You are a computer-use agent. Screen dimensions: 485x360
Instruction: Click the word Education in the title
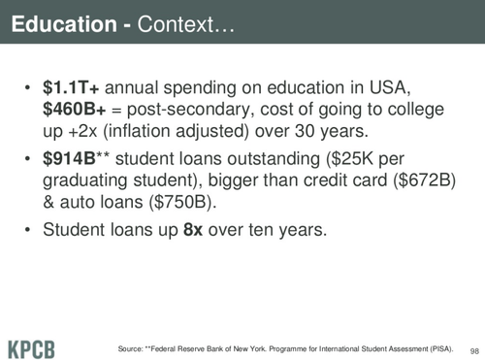tap(64, 24)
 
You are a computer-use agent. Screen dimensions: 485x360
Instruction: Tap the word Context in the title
tap(176, 24)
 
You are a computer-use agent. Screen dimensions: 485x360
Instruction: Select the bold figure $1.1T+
tap(71, 87)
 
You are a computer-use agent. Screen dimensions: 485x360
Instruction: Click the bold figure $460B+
tap(75, 110)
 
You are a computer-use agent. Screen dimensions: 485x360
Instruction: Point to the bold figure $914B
tap(69, 159)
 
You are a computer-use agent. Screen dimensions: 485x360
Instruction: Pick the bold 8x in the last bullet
tap(193, 230)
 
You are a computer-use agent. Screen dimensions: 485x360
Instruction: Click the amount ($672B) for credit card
tap(424, 180)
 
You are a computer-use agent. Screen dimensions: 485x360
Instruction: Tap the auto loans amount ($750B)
tap(182, 202)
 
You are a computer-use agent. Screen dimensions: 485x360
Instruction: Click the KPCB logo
tap(31, 349)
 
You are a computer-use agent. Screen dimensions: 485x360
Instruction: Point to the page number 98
tap(474, 351)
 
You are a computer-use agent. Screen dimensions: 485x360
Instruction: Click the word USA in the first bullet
tap(390, 87)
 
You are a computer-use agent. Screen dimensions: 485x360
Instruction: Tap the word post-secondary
tap(188, 110)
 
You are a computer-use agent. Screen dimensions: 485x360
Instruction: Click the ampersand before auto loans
tap(48, 202)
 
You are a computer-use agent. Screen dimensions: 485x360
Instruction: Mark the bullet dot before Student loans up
tap(28, 230)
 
